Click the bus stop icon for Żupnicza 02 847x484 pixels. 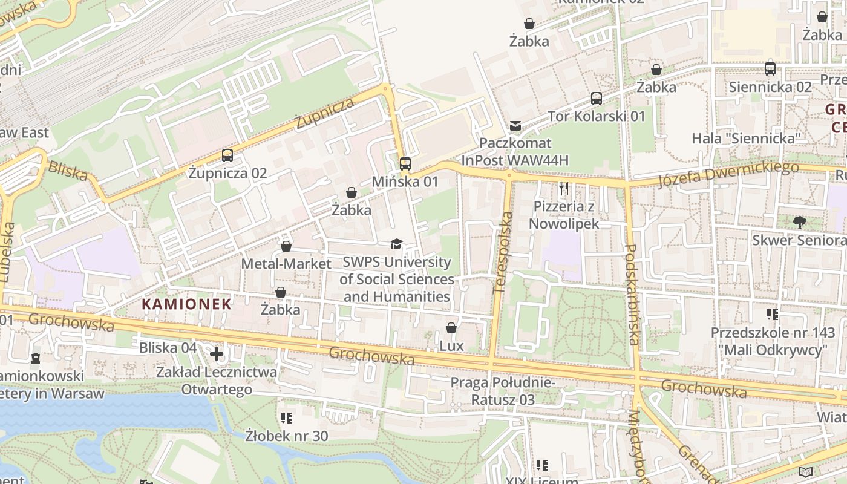point(227,155)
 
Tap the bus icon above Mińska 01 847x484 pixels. point(405,163)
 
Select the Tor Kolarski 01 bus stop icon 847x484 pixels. point(597,98)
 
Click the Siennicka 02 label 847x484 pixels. point(770,87)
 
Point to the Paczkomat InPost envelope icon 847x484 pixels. point(515,126)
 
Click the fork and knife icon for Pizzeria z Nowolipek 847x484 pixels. point(564,189)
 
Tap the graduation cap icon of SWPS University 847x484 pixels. point(396,244)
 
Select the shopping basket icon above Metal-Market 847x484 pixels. point(286,246)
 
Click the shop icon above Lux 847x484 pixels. point(451,328)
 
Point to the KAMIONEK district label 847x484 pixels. point(187,304)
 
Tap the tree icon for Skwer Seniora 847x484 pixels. point(799,222)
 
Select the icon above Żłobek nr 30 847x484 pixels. point(287,417)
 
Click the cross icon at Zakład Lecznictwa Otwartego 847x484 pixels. point(217,353)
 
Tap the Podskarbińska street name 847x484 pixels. point(632,295)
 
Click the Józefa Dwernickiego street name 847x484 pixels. point(728,174)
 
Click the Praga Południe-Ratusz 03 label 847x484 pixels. point(503,391)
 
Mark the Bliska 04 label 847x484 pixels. point(168,348)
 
